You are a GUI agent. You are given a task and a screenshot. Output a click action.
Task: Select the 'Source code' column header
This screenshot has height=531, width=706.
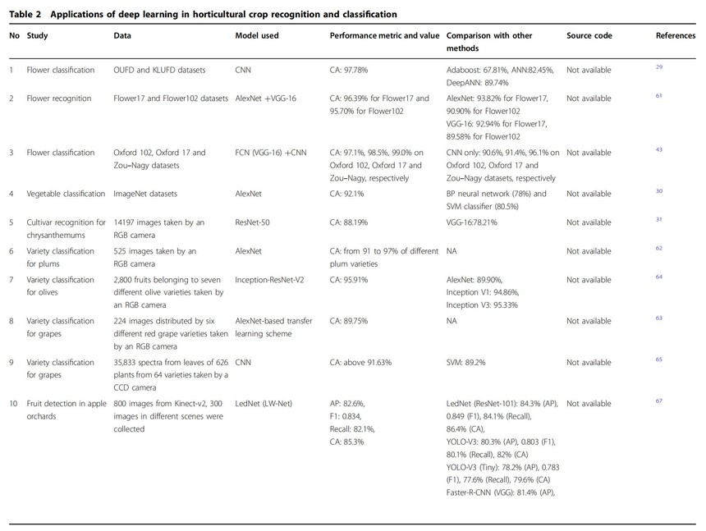tap(589, 36)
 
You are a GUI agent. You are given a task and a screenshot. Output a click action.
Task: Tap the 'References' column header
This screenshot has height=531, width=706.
tap(676, 36)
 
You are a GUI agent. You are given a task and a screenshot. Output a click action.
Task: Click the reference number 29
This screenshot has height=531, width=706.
tap(658, 67)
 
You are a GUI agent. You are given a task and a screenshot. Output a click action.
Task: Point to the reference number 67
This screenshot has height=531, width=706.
tap(658, 401)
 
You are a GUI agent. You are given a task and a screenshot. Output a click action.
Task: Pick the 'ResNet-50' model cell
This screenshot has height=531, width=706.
tap(255, 222)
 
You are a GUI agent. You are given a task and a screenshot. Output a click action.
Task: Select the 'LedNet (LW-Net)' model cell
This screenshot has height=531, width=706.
tap(264, 404)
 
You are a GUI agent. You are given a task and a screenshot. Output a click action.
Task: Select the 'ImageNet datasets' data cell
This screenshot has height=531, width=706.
tap(145, 194)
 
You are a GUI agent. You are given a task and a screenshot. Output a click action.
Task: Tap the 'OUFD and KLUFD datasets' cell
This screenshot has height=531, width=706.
tap(159, 71)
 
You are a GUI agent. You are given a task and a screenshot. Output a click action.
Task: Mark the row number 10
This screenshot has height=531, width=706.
tap(14, 404)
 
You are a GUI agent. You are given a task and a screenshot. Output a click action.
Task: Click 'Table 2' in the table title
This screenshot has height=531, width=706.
tap(25, 15)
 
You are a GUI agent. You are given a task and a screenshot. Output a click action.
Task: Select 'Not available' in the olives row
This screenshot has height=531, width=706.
tap(589, 280)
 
